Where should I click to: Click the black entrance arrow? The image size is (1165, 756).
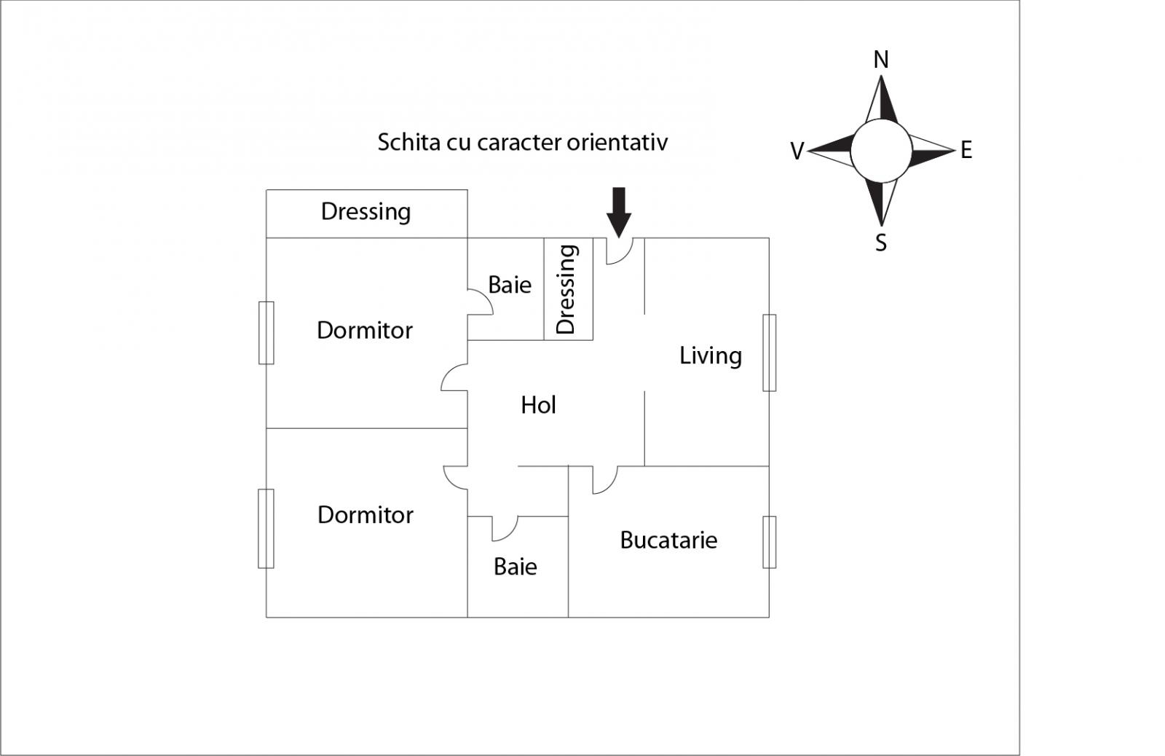point(618,212)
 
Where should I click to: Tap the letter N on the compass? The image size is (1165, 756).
point(880,60)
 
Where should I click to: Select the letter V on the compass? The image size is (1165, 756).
point(797,151)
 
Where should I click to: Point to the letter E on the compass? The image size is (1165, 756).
point(966,150)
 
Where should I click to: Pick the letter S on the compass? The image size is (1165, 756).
point(880,243)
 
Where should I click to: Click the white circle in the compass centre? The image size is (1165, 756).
point(881,151)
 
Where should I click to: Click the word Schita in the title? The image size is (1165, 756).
point(408,142)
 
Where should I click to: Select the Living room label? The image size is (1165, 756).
point(711,356)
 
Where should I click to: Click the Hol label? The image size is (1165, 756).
point(538,406)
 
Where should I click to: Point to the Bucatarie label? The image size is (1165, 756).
point(668,540)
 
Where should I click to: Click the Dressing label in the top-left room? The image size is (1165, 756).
point(366,212)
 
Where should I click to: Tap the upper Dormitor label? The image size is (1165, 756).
point(365,331)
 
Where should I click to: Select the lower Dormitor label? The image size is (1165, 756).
point(365,515)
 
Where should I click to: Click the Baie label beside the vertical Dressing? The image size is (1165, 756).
point(510,285)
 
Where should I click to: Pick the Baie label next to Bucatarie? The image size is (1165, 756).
point(515,567)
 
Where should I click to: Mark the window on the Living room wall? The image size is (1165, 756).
point(769,353)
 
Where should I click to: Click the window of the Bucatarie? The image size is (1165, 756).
point(769,542)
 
